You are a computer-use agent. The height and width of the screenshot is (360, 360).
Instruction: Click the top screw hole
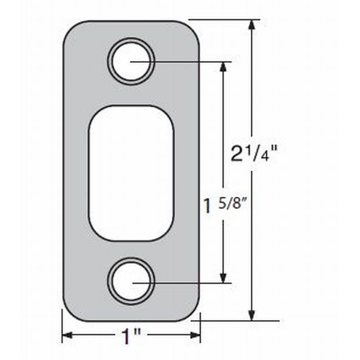click(131, 61)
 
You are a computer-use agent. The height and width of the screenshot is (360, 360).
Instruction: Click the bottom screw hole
click(131, 281)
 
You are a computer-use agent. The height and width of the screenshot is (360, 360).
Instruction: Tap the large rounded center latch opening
click(131, 173)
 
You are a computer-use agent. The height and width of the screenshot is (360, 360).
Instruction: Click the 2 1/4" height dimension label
click(254, 153)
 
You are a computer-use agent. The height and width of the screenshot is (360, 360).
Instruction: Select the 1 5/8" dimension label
click(225, 205)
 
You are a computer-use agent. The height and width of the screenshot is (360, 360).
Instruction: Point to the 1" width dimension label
click(131, 337)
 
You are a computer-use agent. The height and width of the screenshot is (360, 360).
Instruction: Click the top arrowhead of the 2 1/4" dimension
click(252, 25)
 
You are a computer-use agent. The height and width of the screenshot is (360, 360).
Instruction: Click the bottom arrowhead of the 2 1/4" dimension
click(252, 315)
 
